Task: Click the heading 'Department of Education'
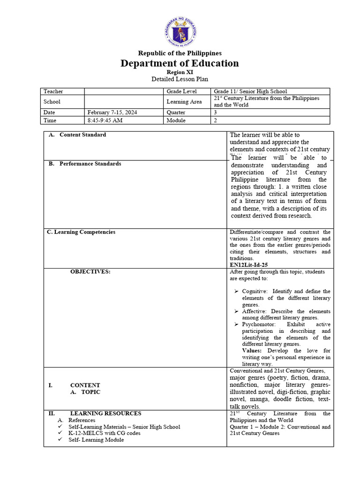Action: pyautogui.click(x=180, y=63)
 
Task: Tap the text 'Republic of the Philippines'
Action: pyautogui.click(x=180, y=53)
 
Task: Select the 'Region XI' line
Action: pyautogui.click(x=180, y=73)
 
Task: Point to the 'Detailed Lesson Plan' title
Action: pyautogui.click(x=180, y=80)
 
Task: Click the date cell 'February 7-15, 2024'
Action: pyautogui.click(x=112, y=112)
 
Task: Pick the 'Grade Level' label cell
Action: pyautogui.click(x=181, y=91)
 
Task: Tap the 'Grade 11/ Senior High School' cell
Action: pyautogui.click(x=250, y=91)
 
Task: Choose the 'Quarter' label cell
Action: pyautogui.click(x=176, y=112)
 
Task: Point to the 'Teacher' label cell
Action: pyautogui.click(x=53, y=91)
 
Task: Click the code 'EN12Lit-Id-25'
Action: pyautogui.click(x=248, y=265)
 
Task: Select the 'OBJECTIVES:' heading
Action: pyautogui.click(x=90, y=272)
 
